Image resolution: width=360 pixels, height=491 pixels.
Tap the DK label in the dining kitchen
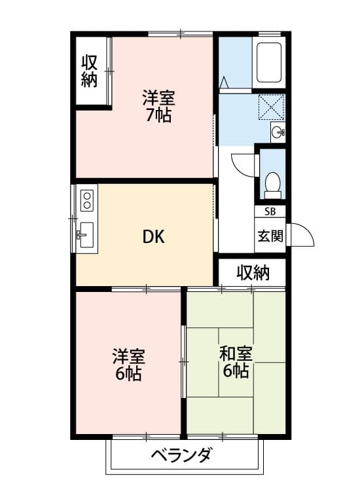154,236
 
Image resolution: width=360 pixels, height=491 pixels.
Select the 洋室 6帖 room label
128,365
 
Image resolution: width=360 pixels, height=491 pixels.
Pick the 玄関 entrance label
270,236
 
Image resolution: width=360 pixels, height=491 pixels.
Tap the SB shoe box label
270,211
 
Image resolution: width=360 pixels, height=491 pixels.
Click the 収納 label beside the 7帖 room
90,71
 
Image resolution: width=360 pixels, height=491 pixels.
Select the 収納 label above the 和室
253,272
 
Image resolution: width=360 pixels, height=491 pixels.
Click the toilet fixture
272,184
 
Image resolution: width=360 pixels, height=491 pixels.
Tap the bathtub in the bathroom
268,62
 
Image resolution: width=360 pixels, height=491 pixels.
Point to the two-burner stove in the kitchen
87,200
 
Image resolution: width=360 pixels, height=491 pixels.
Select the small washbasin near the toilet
278,132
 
